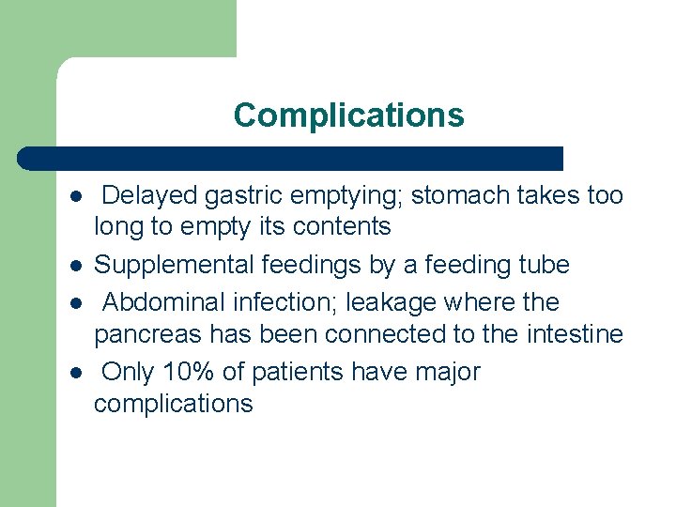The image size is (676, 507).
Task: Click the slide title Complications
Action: [348, 115]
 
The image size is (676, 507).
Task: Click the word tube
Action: [543, 266]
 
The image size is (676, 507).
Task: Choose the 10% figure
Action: [192, 372]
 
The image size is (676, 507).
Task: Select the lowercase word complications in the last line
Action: [173, 404]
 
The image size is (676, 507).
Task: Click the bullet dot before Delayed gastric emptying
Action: [74, 197]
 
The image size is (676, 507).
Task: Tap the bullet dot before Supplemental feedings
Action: [74, 267]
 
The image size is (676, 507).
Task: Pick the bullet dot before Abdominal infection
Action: [74, 304]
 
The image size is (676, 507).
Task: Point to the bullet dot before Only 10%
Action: [74, 374]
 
